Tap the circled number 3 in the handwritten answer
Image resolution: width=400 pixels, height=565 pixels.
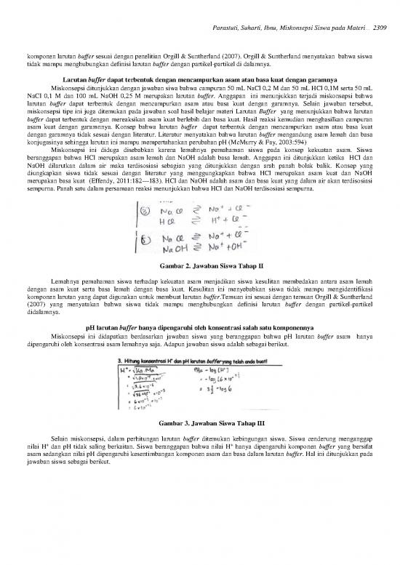point(145,209)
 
